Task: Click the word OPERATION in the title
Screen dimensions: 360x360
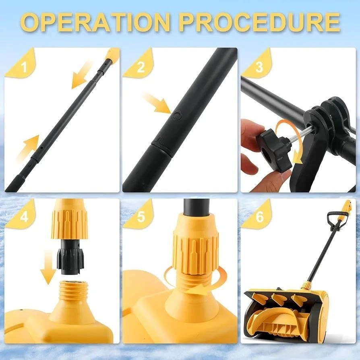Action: point(97,22)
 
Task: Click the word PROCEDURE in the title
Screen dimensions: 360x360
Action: point(260,22)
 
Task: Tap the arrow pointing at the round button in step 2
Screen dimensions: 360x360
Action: point(157,103)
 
